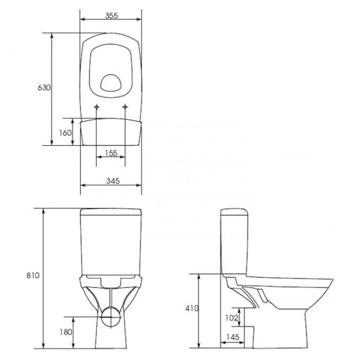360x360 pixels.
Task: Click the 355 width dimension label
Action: point(111,16)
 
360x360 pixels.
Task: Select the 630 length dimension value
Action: point(44,88)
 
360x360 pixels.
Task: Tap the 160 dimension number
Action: point(65,133)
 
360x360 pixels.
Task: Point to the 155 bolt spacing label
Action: point(111,153)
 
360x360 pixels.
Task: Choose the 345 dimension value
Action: point(113,181)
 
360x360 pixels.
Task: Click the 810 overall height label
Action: point(33,275)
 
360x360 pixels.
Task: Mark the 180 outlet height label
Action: point(66,332)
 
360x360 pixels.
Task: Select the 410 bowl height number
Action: point(192,308)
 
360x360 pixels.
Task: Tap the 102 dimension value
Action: point(232,318)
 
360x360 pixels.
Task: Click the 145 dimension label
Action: point(233,337)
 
